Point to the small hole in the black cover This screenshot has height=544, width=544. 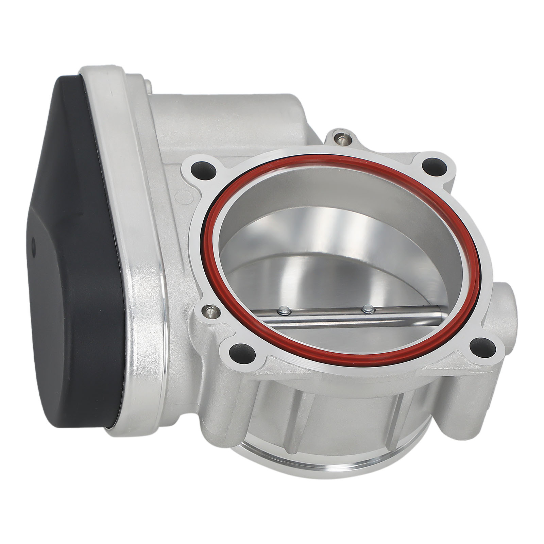click(x=33, y=244)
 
